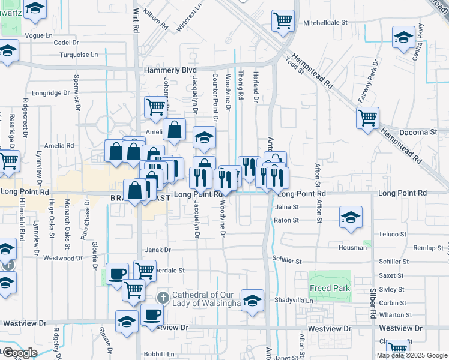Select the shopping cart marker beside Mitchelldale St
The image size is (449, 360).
283,20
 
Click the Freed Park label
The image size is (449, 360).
330,288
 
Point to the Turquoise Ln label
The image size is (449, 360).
78,55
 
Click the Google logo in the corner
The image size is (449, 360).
19,352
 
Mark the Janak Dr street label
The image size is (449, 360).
158,250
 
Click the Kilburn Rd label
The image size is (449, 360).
155,20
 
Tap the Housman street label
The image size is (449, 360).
352,247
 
